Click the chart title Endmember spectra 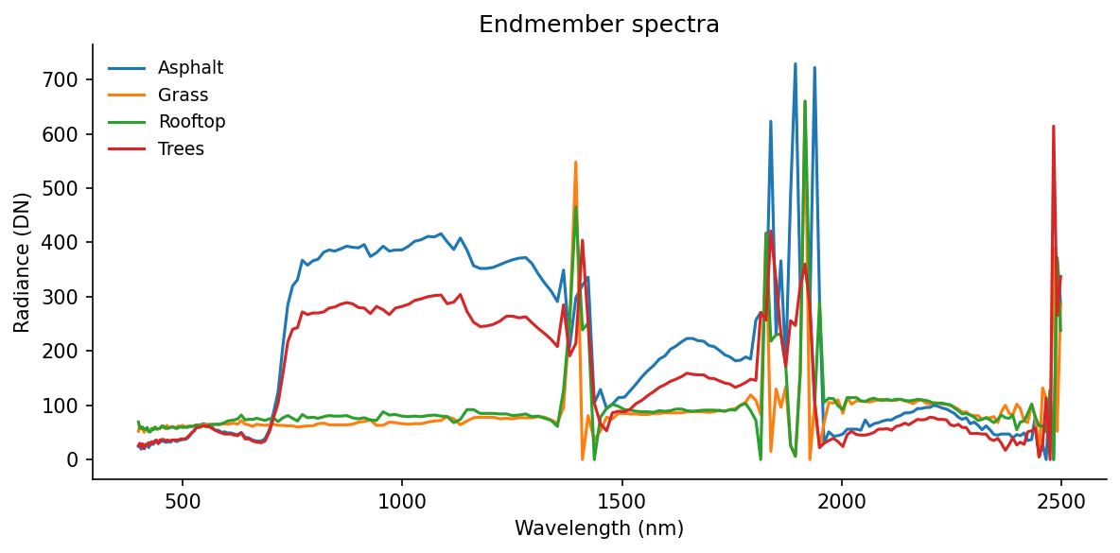pos(599,25)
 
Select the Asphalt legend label pos(190,68)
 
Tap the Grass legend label pos(183,95)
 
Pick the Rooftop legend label pos(191,122)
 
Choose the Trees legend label pos(181,148)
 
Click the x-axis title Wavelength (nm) pos(599,528)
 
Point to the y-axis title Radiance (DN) pos(23,262)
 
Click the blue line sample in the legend pos(127,68)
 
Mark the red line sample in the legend pos(127,148)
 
